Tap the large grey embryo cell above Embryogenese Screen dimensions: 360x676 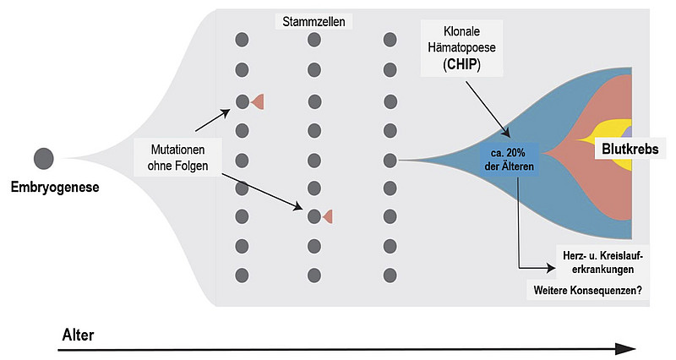coord(44,158)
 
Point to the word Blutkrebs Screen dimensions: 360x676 coord(630,149)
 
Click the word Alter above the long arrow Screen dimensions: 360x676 coord(78,335)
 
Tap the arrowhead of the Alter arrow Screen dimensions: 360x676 coord(625,349)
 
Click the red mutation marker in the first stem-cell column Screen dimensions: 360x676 coord(259,101)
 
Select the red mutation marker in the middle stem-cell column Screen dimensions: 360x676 coord(327,216)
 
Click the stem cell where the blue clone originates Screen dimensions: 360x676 coord(390,159)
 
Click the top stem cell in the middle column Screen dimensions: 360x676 coord(314,39)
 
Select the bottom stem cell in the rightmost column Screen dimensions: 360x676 coord(390,275)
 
